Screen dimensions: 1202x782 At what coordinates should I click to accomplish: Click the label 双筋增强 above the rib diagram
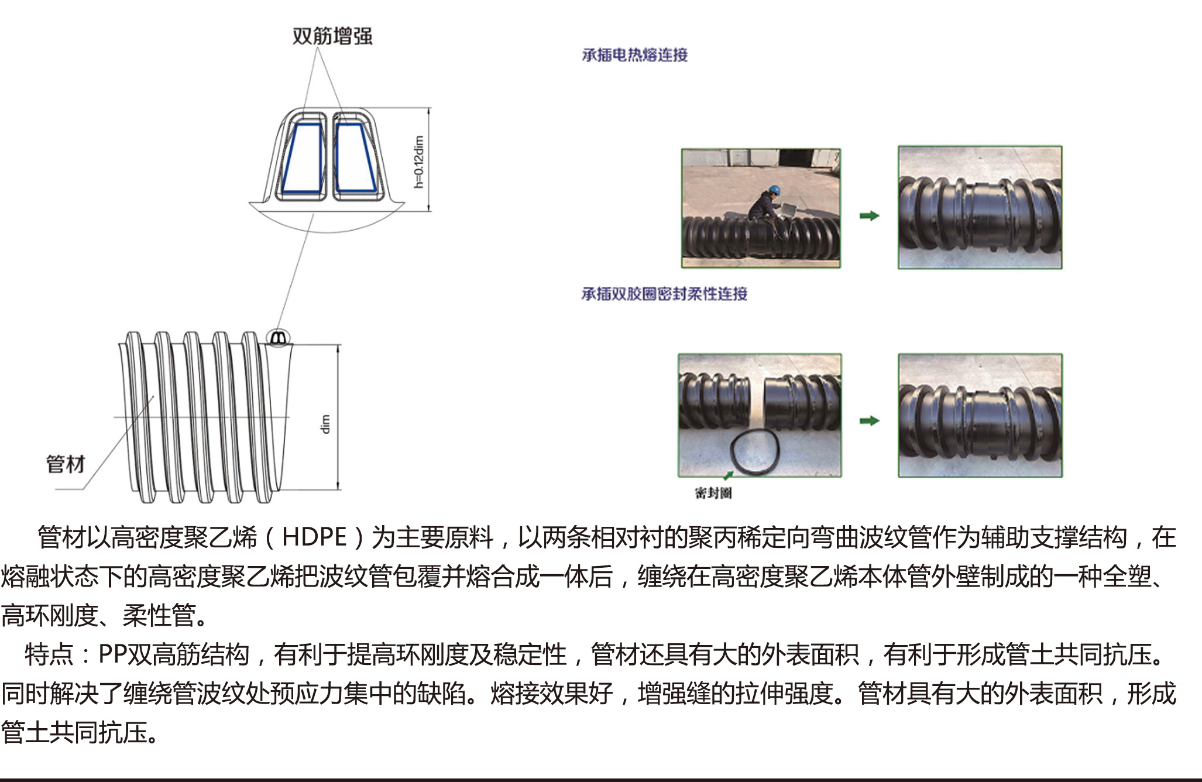tap(332, 36)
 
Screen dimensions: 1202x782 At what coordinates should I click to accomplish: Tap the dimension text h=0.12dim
tap(418, 162)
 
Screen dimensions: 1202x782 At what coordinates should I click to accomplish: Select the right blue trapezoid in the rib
tap(355, 158)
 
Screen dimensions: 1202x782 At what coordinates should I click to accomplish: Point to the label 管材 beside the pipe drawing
tap(66, 464)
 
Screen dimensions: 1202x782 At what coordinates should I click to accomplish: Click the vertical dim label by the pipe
tap(325, 424)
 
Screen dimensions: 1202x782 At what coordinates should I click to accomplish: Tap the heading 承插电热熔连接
tap(635, 55)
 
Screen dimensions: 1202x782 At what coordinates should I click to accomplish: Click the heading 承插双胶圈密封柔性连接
tap(664, 294)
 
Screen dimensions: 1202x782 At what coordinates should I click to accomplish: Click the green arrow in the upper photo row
tap(870, 216)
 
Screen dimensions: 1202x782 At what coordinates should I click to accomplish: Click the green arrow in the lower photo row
tap(870, 421)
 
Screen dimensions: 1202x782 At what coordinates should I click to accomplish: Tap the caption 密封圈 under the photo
tap(713, 493)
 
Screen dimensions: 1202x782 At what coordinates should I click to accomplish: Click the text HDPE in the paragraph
tap(314, 537)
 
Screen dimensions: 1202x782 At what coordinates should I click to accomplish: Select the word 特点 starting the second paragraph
tap(49, 654)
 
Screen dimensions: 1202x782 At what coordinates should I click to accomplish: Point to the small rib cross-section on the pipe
tap(279, 338)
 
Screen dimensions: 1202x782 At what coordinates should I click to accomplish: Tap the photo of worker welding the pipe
tap(761, 208)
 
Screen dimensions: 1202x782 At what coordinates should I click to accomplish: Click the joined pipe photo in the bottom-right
tap(980, 416)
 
